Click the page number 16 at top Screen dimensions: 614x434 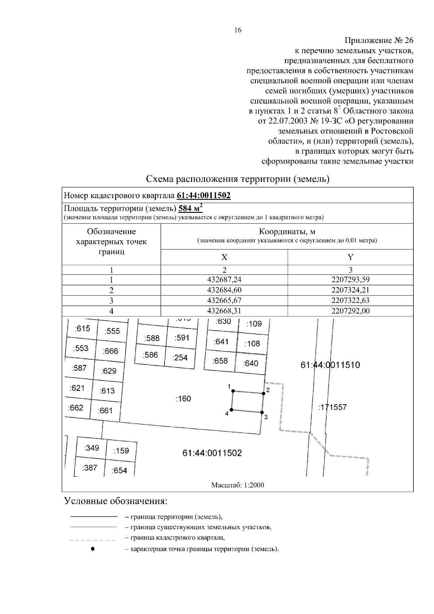pos(238,30)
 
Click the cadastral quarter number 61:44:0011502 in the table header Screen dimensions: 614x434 pos(204,196)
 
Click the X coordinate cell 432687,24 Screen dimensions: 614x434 pos(224,280)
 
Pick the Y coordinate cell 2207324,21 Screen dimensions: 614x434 pos(350,290)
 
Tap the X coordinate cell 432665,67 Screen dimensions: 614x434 pos(224,300)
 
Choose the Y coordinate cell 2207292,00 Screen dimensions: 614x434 pos(350,311)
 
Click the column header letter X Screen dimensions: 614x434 pos(224,257)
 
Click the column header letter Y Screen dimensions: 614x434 pos(350,257)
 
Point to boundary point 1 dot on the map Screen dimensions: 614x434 pos(233,391)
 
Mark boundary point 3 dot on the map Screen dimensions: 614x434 pos(261,412)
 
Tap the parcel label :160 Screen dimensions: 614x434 pos(183,399)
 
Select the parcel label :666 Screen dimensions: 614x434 pos(110,351)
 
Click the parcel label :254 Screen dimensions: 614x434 pos(180,358)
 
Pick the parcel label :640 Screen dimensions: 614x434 pos(251,363)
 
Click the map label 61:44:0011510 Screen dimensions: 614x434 pos(330,365)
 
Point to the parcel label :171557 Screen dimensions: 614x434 pos(332,407)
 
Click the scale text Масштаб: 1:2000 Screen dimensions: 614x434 pos(238,485)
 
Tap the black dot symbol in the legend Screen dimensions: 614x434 pos(93,549)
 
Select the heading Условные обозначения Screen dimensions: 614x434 pos(116,502)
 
